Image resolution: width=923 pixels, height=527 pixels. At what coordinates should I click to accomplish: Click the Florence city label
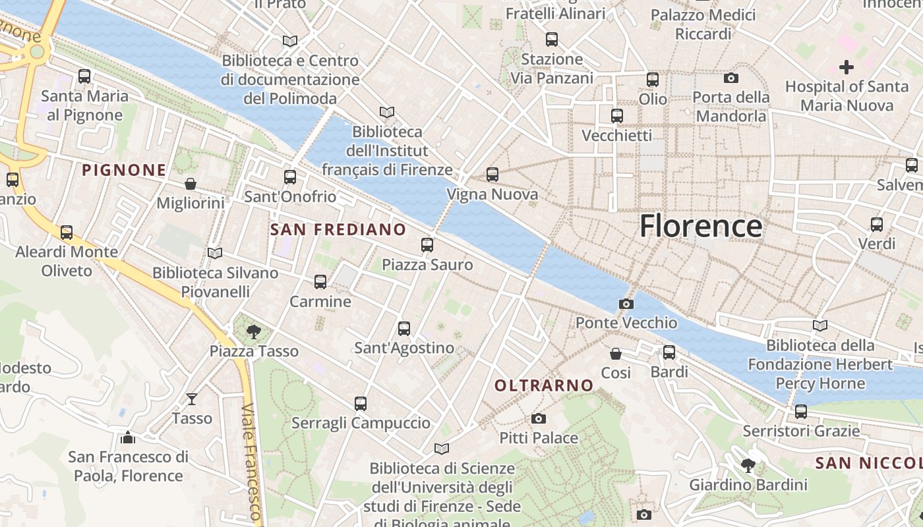(x=701, y=226)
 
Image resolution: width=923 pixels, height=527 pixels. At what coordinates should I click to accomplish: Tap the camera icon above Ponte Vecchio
(x=626, y=304)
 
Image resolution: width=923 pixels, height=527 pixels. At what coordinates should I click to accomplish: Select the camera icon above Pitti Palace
(x=539, y=418)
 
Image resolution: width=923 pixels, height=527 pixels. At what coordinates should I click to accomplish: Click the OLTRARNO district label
(x=544, y=385)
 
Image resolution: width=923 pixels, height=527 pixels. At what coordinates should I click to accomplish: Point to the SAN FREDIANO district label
(x=338, y=229)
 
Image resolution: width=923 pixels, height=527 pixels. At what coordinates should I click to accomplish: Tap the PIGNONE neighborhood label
(x=124, y=170)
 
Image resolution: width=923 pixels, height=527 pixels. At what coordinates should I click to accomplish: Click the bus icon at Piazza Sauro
(x=427, y=245)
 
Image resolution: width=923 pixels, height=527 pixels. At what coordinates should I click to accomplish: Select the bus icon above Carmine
(x=320, y=282)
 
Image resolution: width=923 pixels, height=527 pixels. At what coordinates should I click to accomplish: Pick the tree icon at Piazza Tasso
(x=253, y=331)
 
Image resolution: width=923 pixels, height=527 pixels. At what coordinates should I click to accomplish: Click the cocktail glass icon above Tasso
(x=192, y=399)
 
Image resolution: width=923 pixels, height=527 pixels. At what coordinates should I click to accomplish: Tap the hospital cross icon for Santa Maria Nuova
(x=847, y=67)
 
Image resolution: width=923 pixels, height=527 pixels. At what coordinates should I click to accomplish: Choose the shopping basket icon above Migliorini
(x=191, y=183)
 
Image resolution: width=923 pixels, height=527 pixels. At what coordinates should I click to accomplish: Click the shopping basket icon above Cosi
(x=616, y=354)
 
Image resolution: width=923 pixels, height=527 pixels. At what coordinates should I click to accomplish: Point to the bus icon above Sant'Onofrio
(x=290, y=177)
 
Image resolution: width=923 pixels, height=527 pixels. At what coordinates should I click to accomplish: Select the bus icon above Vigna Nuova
(x=492, y=175)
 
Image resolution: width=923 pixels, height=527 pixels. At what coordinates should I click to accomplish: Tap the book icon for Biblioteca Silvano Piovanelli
(x=215, y=253)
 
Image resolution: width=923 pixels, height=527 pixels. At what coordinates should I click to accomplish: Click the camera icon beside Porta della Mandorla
(x=731, y=78)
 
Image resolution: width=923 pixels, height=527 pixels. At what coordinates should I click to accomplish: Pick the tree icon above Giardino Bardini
(x=748, y=466)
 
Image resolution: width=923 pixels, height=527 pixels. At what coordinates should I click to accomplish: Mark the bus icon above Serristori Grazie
(x=801, y=412)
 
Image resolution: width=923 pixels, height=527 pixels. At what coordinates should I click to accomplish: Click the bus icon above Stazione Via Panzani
(x=552, y=40)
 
